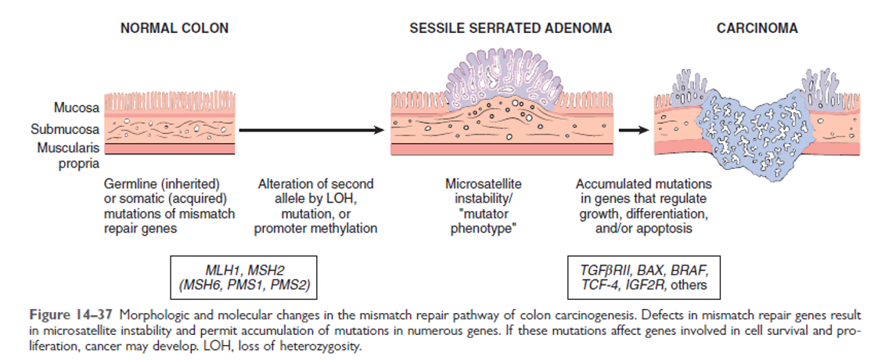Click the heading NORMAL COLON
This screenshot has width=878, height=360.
pos(174,29)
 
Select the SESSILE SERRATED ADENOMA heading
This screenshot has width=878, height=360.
pos(510,29)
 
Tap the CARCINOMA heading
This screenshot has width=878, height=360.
pos(757,29)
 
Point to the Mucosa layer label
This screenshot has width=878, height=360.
pos(76,107)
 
